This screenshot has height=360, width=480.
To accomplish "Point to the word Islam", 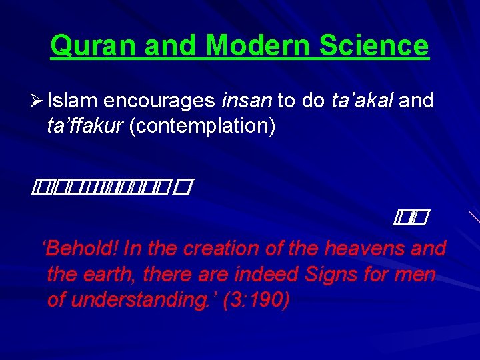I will tap(74, 101).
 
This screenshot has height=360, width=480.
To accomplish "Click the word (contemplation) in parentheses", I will tap(202, 126).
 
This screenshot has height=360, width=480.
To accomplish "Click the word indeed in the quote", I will tap(262, 274).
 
